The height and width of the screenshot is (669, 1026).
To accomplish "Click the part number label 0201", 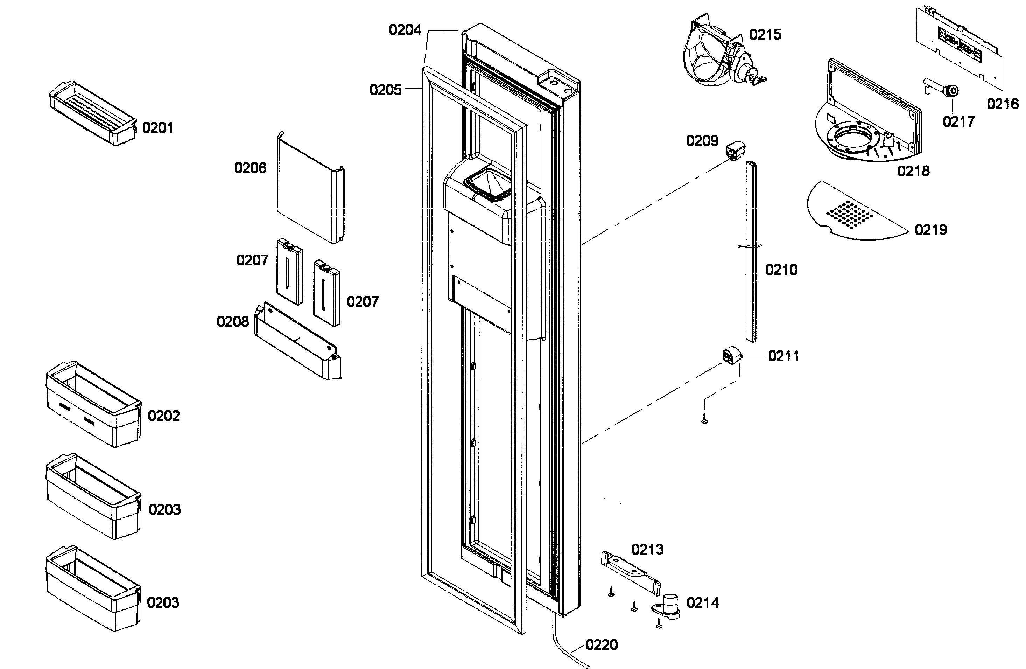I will [x=157, y=128].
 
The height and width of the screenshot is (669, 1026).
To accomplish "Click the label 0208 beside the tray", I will [x=233, y=322].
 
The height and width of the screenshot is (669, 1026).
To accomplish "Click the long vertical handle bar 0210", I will [x=751, y=252].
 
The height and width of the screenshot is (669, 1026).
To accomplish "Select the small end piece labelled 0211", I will [x=732, y=357].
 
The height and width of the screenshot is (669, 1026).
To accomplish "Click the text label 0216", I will [x=1003, y=104].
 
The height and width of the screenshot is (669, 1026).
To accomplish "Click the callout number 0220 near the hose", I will [x=602, y=645].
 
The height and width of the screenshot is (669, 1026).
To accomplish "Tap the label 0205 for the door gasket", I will [x=385, y=90].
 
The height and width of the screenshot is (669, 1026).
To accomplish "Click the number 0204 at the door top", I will [x=405, y=30].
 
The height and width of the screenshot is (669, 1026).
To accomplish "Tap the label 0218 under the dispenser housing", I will [x=913, y=171].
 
